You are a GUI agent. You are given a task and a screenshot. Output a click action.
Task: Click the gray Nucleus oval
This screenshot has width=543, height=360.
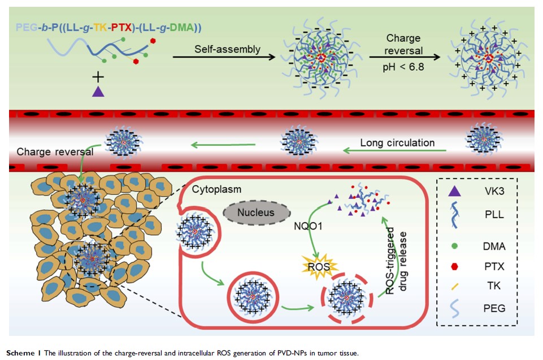tap(249, 212)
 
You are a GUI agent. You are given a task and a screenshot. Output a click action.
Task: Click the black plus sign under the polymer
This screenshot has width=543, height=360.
tap(97, 75)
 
